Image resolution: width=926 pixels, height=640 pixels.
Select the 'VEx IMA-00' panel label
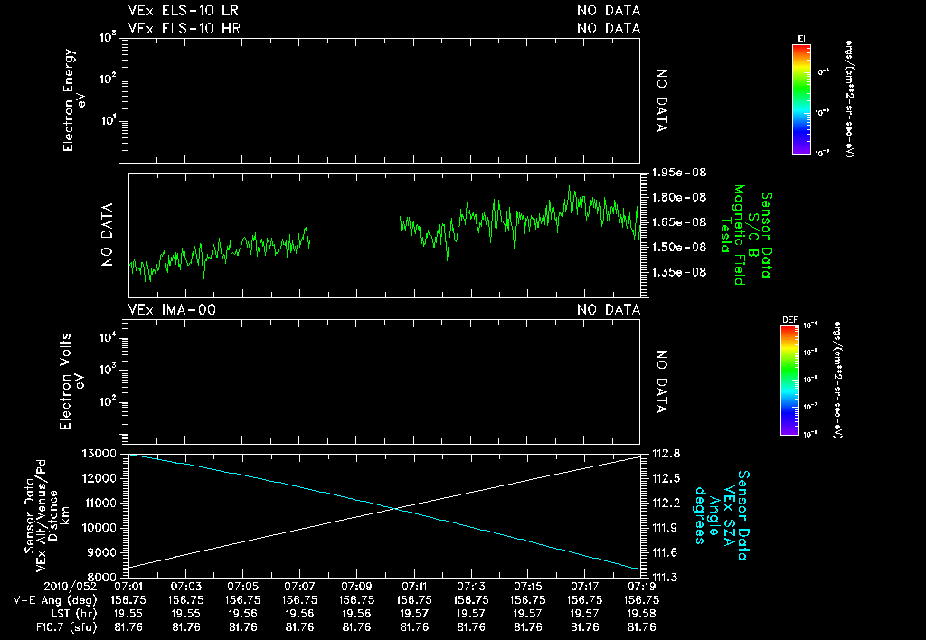tap(172, 310)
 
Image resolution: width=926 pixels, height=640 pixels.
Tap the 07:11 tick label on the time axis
tap(414, 586)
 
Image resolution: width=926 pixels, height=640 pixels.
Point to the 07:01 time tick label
tap(128, 586)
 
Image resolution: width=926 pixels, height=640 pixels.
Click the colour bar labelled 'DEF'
tap(800, 380)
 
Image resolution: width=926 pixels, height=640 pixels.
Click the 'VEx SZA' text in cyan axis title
tap(729, 507)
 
